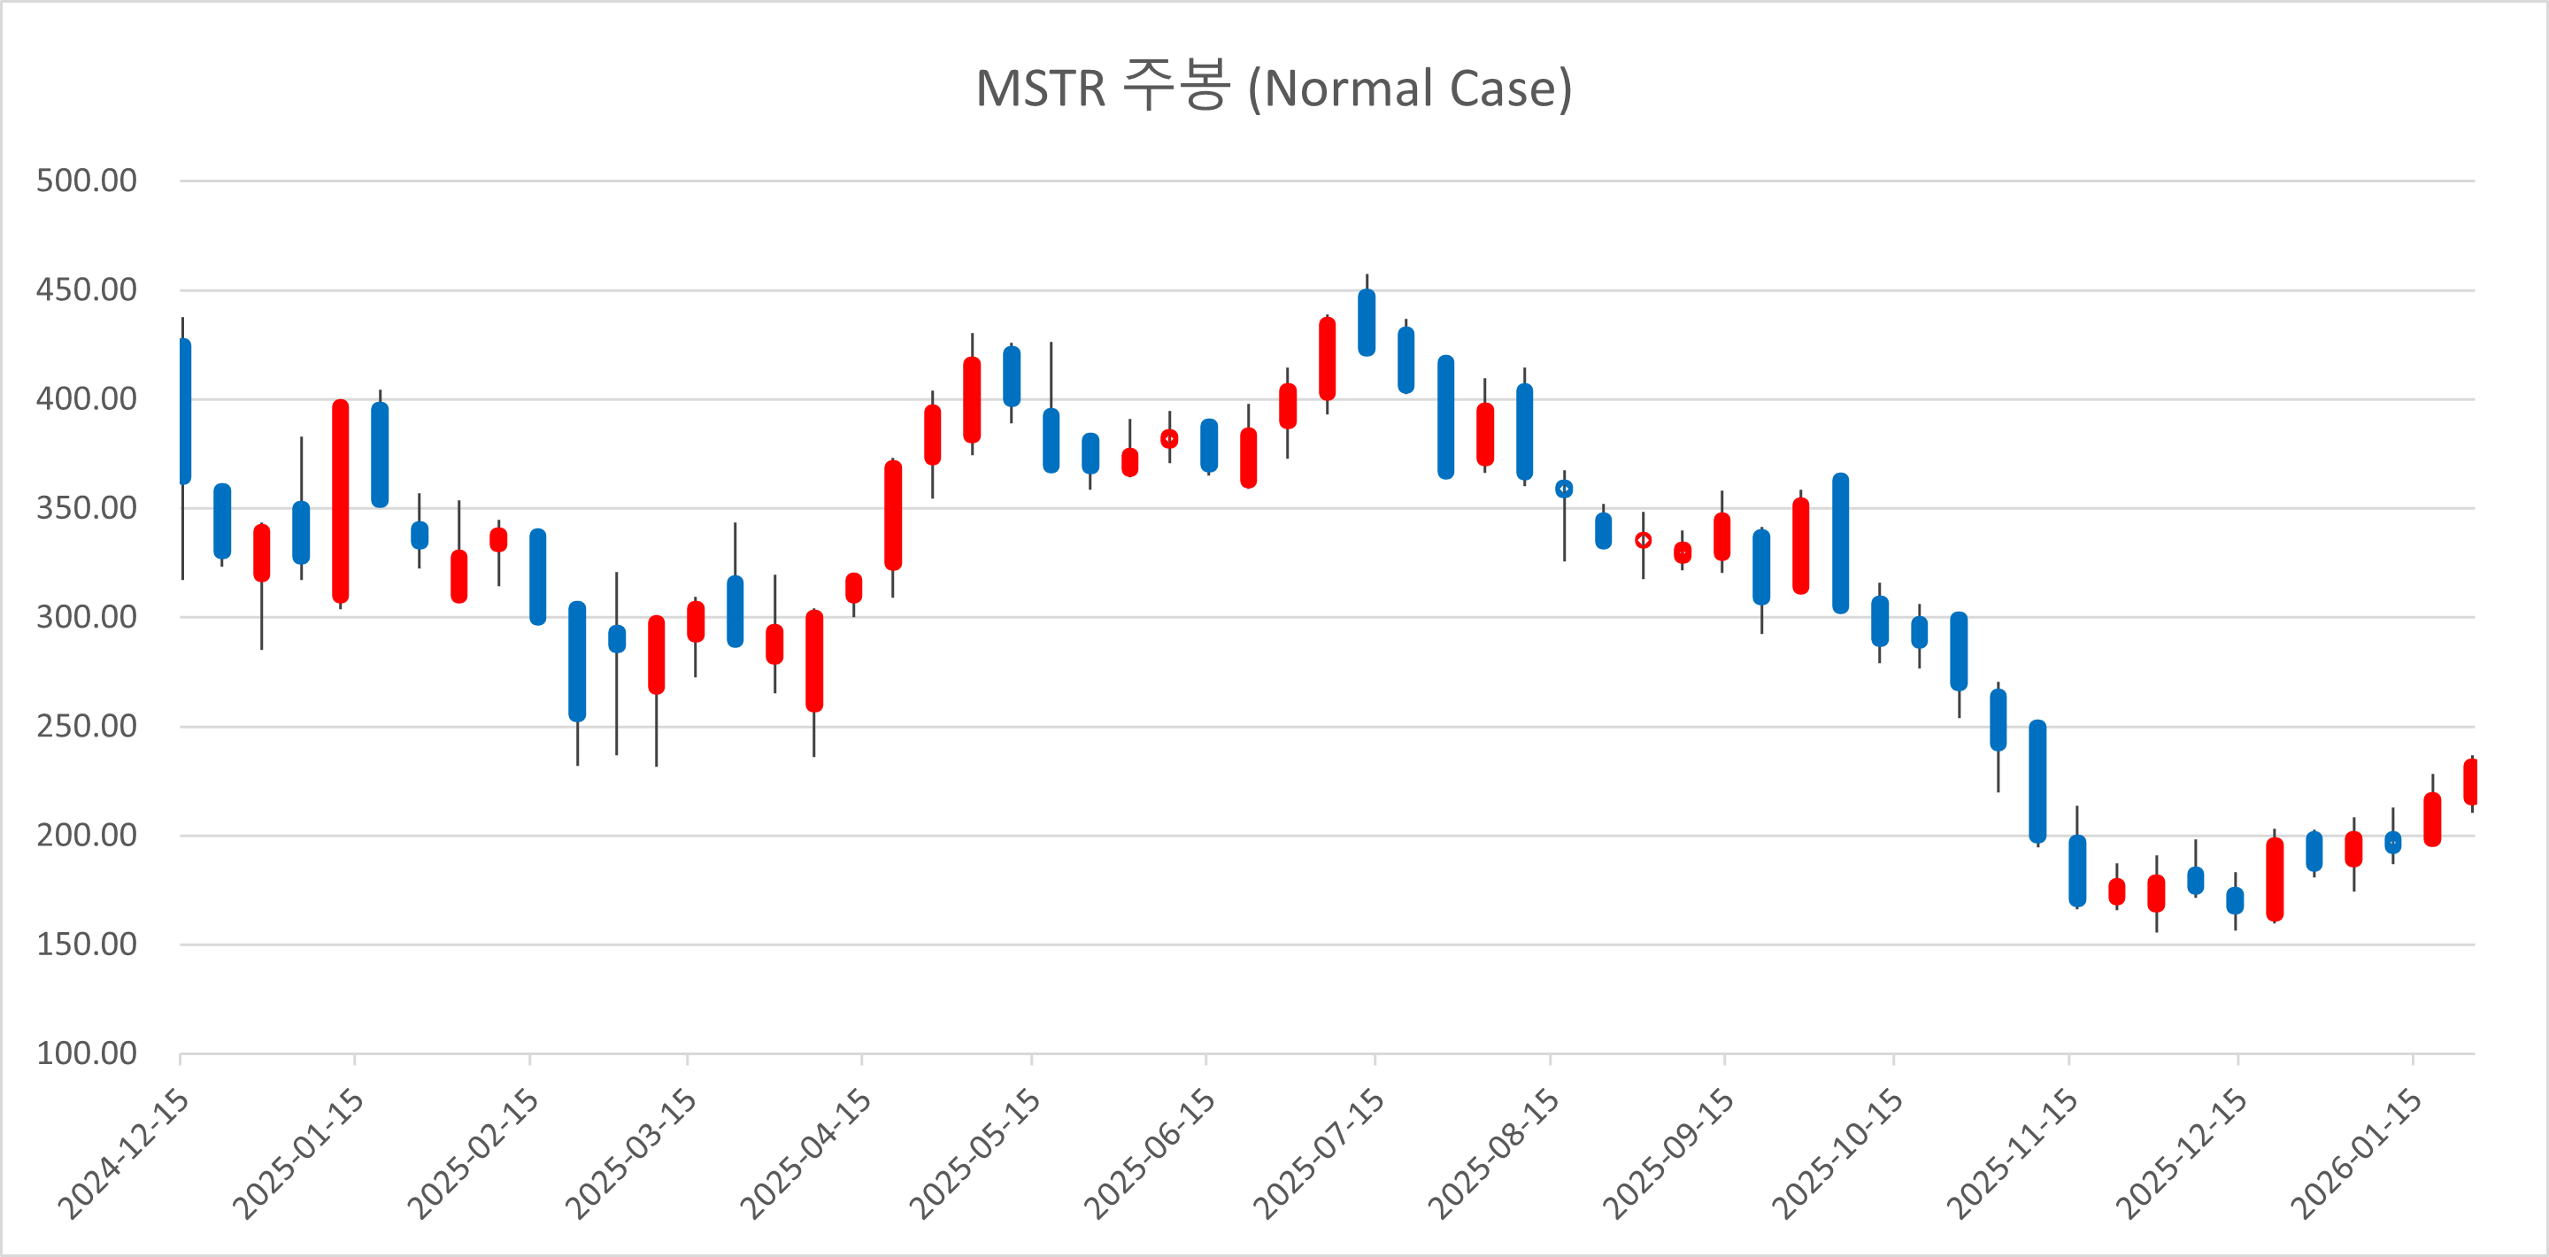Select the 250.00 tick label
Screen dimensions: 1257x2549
point(86,727)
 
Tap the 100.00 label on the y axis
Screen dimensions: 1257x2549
point(86,1053)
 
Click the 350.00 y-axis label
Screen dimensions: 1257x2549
point(86,508)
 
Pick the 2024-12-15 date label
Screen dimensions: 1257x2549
point(125,1154)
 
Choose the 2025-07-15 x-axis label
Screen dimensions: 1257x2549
point(1319,1154)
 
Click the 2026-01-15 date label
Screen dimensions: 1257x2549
point(2357,1154)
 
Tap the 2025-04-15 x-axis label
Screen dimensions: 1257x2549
point(806,1154)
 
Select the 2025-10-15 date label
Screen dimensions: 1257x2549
point(1837,1154)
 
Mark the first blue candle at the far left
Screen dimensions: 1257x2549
point(185,411)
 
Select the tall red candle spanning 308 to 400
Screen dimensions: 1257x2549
point(341,501)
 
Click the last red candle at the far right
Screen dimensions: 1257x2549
point(2470,782)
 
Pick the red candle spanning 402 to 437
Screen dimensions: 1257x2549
point(1327,359)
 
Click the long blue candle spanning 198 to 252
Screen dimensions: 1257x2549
point(2037,781)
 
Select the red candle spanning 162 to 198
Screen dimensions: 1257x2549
point(2275,879)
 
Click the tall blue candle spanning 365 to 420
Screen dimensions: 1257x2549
point(1445,417)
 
